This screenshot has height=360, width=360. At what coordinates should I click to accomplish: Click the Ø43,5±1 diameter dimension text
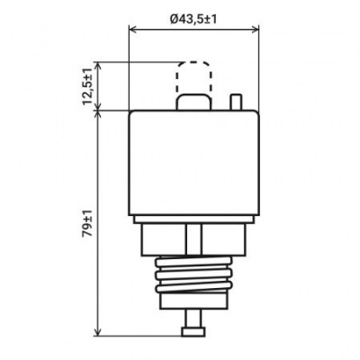click(193, 20)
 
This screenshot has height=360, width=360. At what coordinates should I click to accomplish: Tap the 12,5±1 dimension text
click(87, 86)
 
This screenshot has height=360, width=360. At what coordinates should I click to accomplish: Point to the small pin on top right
click(236, 102)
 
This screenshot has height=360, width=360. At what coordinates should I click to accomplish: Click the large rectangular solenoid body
click(193, 163)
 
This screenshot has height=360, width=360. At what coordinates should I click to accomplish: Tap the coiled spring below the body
click(193, 274)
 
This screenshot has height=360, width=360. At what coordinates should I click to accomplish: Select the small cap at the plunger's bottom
click(193, 332)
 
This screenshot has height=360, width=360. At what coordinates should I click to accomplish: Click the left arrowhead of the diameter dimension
click(132, 30)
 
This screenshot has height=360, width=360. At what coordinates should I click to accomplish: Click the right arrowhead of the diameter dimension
click(256, 30)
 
